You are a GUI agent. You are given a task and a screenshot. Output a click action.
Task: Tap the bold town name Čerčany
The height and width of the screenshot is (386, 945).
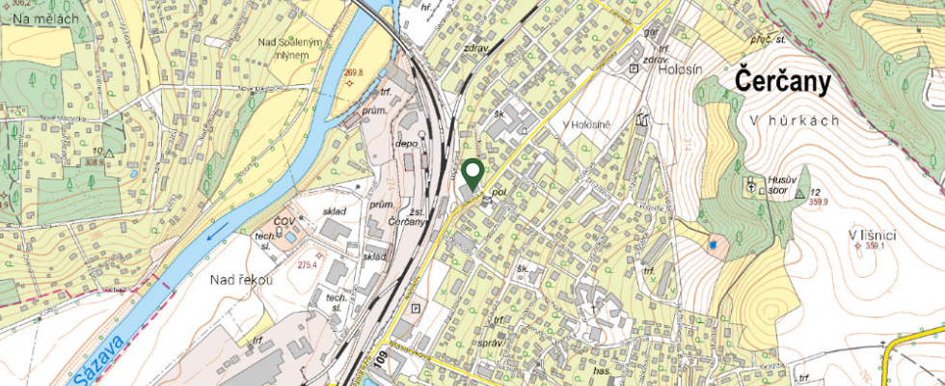pyautogui.click(x=783, y=83)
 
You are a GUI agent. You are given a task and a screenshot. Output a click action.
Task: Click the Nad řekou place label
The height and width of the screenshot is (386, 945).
pyautogui.click(x=242, y=280)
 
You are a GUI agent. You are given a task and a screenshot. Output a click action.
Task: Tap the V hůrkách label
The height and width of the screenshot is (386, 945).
pyautogui.click(x=795, y=121)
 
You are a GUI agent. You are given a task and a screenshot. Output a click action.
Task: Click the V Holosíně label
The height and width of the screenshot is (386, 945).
pyautogui.click(x=588, y=126)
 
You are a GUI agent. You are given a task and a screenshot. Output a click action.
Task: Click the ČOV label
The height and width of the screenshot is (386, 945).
pyautogui.click(x=283, y=223)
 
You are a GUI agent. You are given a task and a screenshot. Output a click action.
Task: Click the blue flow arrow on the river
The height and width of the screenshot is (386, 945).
pyautogui.click(x=222, y=231)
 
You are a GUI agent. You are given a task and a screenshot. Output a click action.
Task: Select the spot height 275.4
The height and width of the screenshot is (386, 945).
pyautogui.click(x=308, y=264)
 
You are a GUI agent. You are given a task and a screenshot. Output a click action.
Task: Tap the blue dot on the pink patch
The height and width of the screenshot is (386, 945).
pyautogui.click(x=713, y=245)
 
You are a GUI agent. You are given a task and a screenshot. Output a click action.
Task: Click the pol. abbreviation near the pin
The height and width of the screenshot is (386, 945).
pyautogui.click(x=499, y=192)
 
